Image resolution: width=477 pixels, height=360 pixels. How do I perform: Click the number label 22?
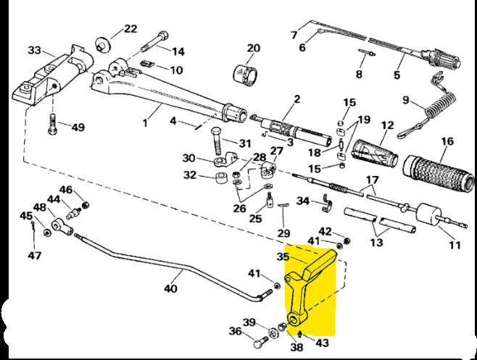130,29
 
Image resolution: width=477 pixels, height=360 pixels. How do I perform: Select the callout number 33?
34,51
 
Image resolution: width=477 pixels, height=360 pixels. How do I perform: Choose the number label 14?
178,51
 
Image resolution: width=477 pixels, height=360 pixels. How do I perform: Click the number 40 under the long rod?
170,288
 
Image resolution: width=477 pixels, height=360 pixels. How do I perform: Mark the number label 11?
455,246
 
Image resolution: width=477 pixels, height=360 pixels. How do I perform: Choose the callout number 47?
34,255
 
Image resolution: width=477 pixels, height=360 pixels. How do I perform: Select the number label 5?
397,74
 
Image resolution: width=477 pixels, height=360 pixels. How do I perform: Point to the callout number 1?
144,123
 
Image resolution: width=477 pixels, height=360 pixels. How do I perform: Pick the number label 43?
323,343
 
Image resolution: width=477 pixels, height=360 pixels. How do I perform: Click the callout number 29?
283,233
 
